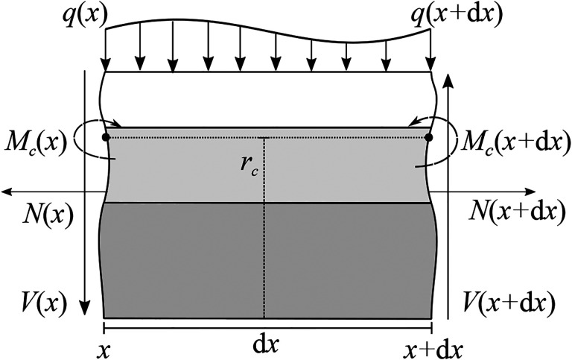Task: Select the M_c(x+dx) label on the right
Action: pyautogui.click(x=509, y=142)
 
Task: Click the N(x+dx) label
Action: pyautogui.click(x=514, y=212)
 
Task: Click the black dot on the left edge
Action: pyautogui.click(x=106, y=137)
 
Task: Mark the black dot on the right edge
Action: pyautogui.click(x=429, y=137)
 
